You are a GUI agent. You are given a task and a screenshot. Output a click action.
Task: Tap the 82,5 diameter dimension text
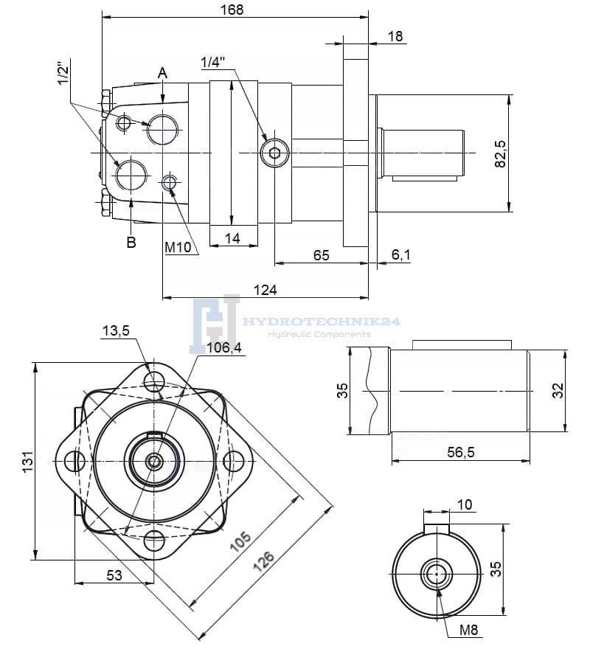click(501, 153)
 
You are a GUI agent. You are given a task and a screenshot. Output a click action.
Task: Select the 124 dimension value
click(265, 290)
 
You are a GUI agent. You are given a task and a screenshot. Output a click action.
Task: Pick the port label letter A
click(162, 72)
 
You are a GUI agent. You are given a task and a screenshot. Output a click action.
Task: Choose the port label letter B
click(131, 242)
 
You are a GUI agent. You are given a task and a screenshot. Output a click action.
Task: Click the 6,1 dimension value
click(401, 255)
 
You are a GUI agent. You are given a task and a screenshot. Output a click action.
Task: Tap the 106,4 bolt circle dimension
click(224, 348)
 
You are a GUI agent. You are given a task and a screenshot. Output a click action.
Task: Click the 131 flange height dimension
click(27, 462)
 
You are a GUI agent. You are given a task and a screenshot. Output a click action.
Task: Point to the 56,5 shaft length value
click(459, 452)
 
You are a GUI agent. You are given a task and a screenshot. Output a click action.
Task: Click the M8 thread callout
click(469, 629)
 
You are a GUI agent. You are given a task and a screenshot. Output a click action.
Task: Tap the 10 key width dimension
click(465, 505)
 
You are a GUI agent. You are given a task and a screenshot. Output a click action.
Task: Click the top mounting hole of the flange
click(155, 381)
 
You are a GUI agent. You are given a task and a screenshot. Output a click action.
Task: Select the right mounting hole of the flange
click(235, 462)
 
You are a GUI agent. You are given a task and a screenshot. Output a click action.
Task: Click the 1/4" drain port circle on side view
click(274, 153)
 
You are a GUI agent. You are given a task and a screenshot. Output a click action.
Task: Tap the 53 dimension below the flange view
click(114, 575)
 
